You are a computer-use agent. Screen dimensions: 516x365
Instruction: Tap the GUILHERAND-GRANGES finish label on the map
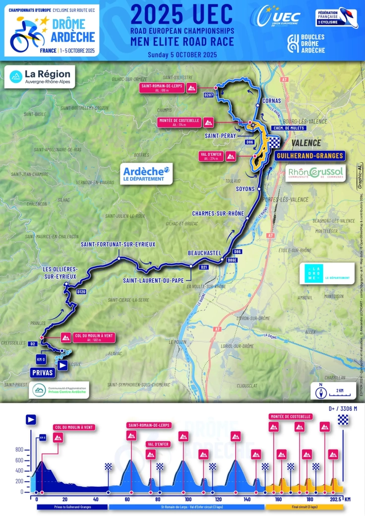tap(309, 156)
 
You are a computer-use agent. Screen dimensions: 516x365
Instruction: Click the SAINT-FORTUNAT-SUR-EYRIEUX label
tap(118, 245)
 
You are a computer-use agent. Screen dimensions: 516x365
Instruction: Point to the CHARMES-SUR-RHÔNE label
tap(219, 214)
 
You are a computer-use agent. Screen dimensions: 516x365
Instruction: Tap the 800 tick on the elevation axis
tap(19, 450)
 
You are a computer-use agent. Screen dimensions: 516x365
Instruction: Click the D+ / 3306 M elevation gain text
tap(343, 409)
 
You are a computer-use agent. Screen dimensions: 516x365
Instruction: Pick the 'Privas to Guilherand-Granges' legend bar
tap(72, 508)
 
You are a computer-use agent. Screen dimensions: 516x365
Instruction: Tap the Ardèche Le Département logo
tap(146, 174)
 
